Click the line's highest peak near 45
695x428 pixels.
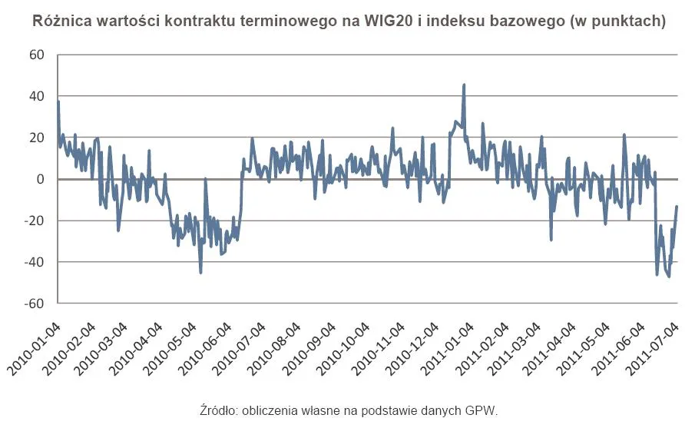coord(464,85)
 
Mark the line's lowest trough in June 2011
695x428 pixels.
coord(669,276)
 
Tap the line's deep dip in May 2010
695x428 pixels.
coord(201,272)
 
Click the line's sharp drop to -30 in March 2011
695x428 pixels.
coord(551,239)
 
